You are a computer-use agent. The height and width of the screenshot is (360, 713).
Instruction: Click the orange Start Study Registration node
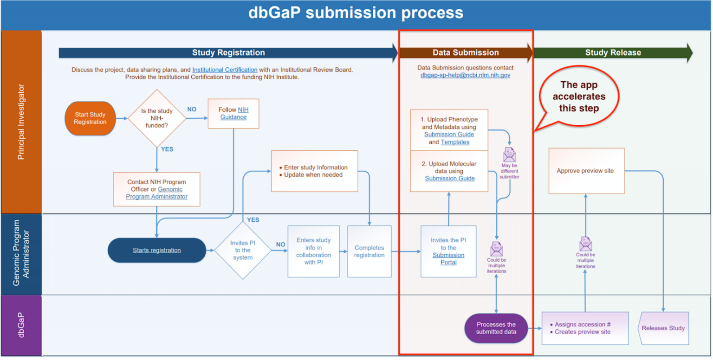[90, 118]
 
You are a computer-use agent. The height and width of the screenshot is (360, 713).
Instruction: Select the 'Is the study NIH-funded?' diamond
[157, 119]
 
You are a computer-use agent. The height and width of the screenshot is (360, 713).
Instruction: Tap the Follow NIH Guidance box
[233, 114]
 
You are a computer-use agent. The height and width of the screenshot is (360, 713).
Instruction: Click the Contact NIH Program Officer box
[157, 189]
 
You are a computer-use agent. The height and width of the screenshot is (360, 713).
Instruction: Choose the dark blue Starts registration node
[157, 250]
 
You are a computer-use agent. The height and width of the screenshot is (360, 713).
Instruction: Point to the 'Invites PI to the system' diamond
[243, 250]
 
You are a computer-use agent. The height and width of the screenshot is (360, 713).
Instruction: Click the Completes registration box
[369, 251]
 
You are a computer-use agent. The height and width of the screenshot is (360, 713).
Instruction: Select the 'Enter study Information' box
[314, 171]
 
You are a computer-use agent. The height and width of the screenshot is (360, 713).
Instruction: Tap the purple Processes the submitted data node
[496, 328]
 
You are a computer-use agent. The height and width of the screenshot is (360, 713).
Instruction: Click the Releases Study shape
[663, 328]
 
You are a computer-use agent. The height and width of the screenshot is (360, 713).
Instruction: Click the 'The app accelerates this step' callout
[579, 96]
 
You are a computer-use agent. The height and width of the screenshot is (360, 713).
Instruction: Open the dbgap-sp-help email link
[465, 75]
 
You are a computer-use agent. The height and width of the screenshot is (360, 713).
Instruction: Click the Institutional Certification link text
[225, 70]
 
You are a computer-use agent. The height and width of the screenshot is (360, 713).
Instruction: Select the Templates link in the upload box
[455, 142]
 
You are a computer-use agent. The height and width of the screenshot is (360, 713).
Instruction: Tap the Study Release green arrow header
[613, 52]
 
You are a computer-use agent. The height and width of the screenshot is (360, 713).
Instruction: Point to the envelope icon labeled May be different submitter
[510, 154]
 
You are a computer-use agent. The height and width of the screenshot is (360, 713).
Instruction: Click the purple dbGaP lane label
[21, 325]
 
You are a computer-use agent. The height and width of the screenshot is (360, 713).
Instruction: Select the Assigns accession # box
[585, 328]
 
